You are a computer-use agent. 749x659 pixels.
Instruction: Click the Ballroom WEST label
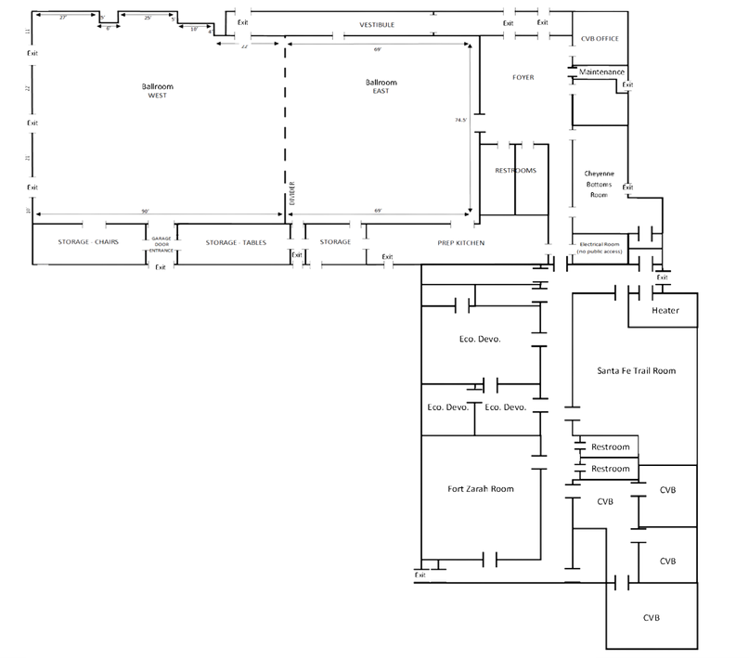[x=157, y=91]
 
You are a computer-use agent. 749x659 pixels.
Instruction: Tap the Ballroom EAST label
[x=381, y=86]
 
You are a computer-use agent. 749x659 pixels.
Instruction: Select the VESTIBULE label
[x=377, y=24]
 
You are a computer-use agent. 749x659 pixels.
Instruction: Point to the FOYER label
[x=523, y=77]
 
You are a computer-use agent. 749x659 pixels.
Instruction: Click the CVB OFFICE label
[x=600, y=38]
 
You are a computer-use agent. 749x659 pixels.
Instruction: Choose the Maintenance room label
[x=601, y=72]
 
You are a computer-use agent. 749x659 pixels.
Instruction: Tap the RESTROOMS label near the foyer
[x=515, y=171]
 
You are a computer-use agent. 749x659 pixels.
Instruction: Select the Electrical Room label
[x=599, y=246]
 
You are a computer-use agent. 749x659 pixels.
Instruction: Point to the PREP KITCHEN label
[x=461, y=242]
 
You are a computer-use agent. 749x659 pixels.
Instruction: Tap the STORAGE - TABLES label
[x=236, y=242]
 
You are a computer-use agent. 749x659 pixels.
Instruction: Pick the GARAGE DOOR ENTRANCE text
[x=161, y=244]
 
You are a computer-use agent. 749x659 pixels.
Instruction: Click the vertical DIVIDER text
[x=291, y=198]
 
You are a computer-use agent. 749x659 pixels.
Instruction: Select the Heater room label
[x=665, y=311]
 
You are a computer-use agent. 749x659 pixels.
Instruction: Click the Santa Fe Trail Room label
[x=636, y=370]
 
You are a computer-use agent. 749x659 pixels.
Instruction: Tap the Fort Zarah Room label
[x=481, y=488]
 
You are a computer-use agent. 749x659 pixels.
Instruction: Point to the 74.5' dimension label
[x=461, y=120]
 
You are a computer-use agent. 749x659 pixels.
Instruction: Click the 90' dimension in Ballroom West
[x=146, y=213]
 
